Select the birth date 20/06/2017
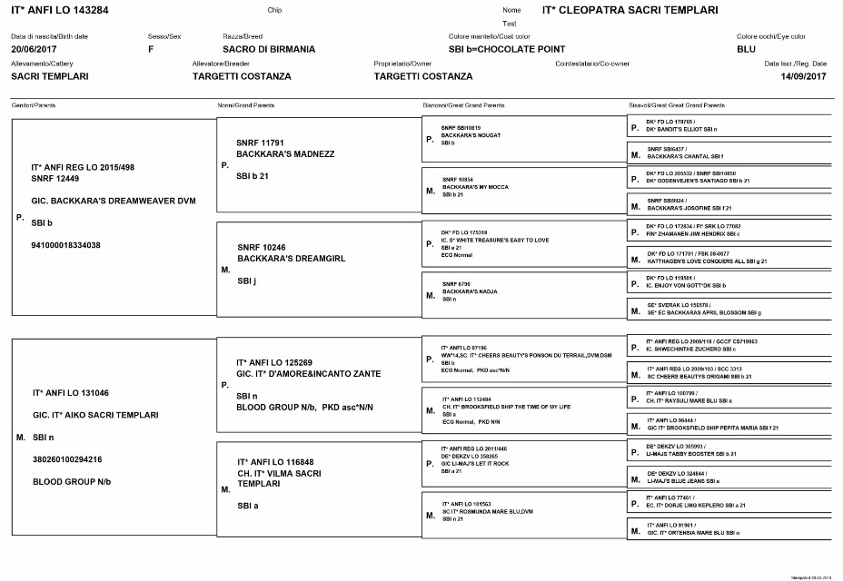coord(35,49)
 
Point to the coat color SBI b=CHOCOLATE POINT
coord(507,49)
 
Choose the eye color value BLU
coord(746,49)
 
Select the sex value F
coord(150,49)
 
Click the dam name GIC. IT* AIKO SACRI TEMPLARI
coord(97,414)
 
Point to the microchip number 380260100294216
coord(66,458)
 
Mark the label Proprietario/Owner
coord(402,64)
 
